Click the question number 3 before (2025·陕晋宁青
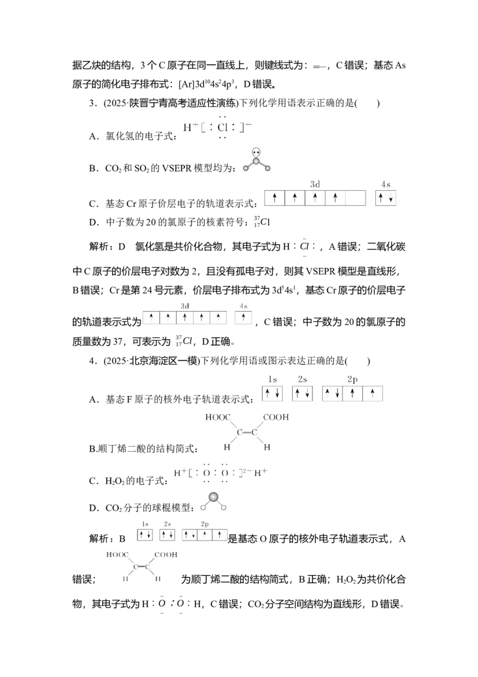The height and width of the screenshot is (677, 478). click(91, 103)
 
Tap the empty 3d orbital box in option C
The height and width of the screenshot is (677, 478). click(356, 198)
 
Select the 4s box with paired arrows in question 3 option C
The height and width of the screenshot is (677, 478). click(385, 198)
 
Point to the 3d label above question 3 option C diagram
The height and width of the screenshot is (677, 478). click(315, 184)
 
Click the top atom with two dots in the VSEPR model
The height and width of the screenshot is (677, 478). click(257, 153)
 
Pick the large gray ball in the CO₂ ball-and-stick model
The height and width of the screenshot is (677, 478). click(213, 498)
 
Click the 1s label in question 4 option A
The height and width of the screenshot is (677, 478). click(272, 380)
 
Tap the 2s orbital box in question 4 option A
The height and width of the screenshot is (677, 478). click(302, 394)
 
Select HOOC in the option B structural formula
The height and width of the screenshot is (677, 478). click(218, 417)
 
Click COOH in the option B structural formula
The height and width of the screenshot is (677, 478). click(276, 417)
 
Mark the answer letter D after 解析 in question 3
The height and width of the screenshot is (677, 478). click(121, 246)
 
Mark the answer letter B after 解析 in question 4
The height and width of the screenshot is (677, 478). click(122, 538)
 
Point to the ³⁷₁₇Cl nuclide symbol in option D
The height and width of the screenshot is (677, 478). click(262, 222)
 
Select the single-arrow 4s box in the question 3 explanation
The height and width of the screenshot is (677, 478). click(243, 318)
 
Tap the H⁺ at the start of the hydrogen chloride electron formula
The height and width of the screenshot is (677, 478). click(190, 127)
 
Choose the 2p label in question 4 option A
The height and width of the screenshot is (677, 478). click(353, 380)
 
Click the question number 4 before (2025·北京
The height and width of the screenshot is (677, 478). click(91, 361)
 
